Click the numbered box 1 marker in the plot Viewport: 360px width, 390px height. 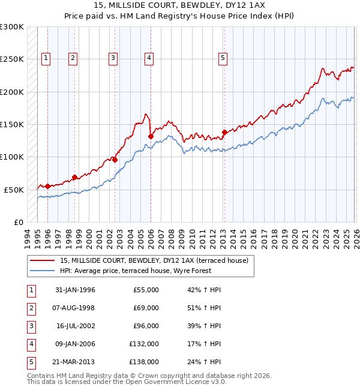(x=46, y=58)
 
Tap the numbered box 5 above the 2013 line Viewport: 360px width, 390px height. (x=223, y=58)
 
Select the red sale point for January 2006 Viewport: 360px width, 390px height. (x=151, y=136)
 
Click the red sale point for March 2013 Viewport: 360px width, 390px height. (x=224, y=132)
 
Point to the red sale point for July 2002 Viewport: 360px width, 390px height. (x=115, y=160)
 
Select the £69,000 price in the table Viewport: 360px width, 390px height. (x=145, y=308)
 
